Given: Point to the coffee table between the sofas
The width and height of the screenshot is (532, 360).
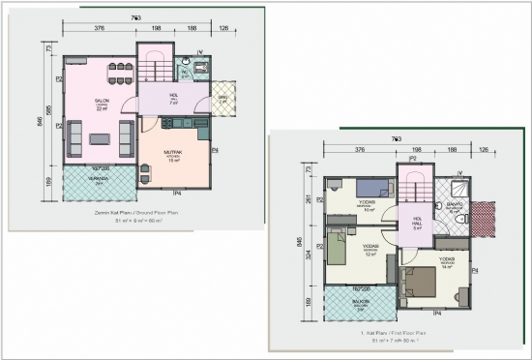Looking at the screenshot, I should (x=100, y=137).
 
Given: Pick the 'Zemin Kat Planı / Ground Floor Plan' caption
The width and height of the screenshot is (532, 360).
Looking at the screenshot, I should (x=127, y=212).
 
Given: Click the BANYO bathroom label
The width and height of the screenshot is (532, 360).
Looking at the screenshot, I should (x=454, y=205).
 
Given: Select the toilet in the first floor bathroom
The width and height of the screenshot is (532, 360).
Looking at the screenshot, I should (x=440, y=206).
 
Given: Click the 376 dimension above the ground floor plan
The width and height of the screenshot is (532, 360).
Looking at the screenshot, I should (x=99, y=29).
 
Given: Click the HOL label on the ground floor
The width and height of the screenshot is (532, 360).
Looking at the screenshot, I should (x=174, y=95).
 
